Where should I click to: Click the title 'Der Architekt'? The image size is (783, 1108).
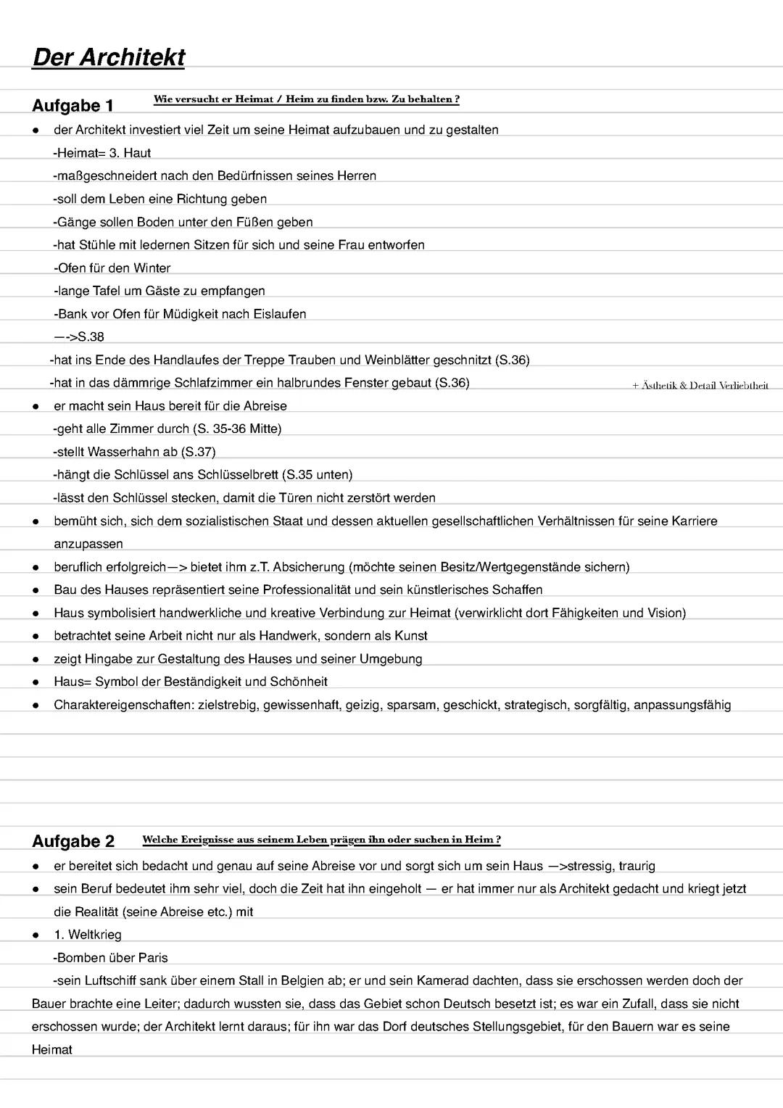(109, 57)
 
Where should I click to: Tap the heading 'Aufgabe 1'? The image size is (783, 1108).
(72, 106)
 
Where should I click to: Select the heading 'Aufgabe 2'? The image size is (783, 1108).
(73, 841)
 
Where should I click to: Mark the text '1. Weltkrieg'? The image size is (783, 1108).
(88, 935)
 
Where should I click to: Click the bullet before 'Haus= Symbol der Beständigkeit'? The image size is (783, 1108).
(36, 682)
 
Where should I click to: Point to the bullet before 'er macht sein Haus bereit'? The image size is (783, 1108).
(36, 406)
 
